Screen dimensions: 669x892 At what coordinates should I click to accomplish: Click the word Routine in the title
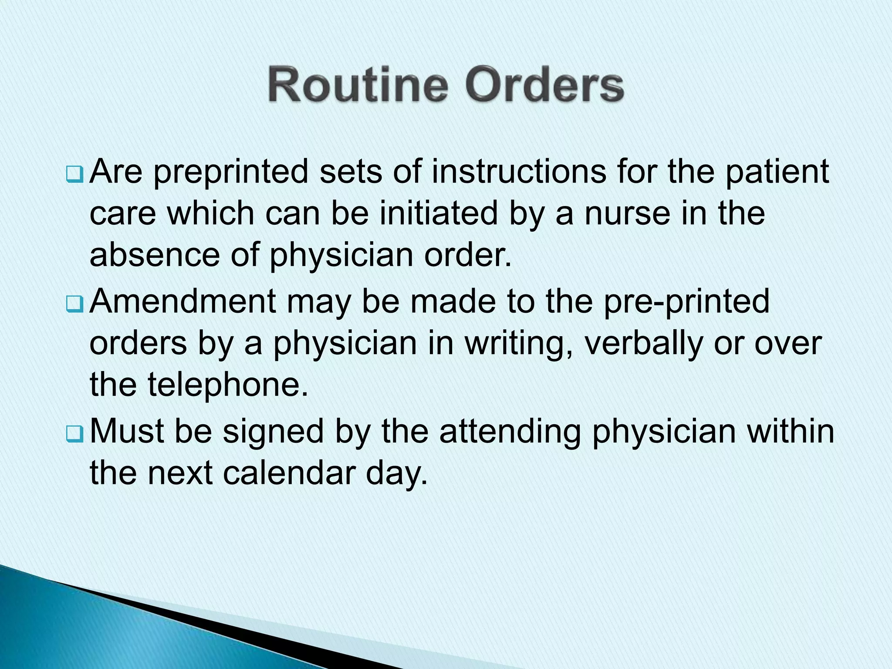tap(358, 84)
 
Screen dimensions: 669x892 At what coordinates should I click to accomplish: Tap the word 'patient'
tap(777, 171)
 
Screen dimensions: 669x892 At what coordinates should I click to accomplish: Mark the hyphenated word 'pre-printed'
tap(686, 302)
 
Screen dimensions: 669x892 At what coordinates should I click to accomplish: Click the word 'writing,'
tap(518, 345)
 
